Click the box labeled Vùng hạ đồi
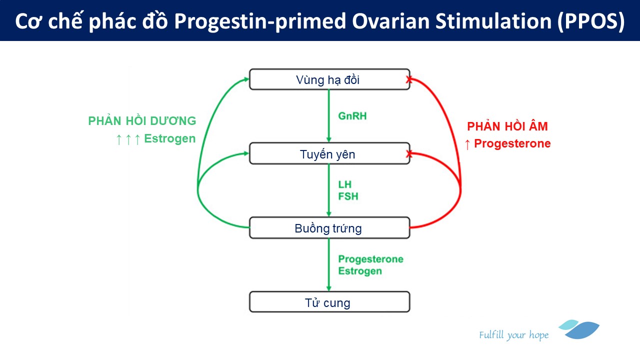point(329,79)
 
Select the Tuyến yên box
point(329,154)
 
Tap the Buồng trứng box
point(329,228)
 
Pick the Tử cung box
point(329,302)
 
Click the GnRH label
point(352,116)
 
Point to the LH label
point(345,185)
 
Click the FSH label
point(348,196)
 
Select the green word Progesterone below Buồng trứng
point(370,259)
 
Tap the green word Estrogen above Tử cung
point(360,271)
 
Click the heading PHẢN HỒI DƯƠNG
point(142,121)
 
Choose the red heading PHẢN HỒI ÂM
point(507,127)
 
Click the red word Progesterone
point(512,144)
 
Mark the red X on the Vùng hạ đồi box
point(409,79)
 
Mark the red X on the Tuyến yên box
point(409,154)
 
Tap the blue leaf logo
point(580,329)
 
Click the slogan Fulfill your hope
point(513,335)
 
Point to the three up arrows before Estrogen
point(128,139)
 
